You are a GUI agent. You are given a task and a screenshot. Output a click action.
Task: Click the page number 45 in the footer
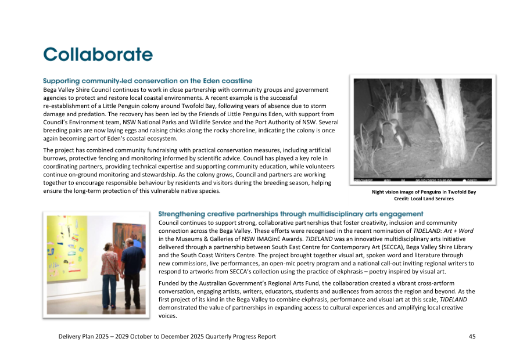pos(472,337)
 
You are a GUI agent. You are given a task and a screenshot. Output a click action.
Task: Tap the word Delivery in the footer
pos(70,337)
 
